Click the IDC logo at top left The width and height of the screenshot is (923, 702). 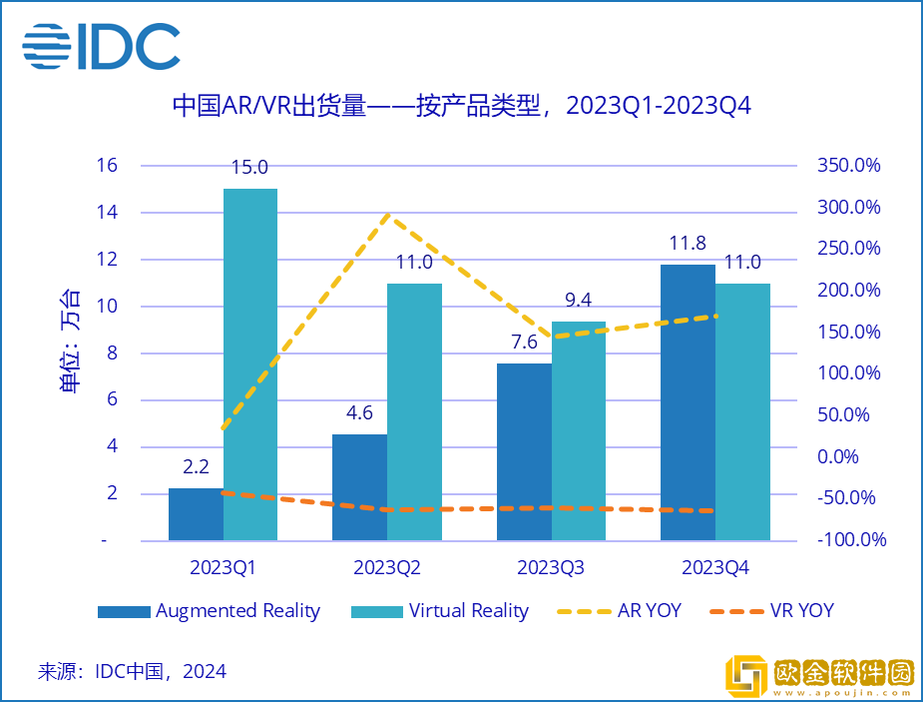tap(101, 46)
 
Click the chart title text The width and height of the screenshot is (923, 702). tap(461, 105)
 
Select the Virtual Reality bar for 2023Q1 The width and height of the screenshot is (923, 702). tap(250, 364)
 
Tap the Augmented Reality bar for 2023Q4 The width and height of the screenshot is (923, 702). tap(688, 402)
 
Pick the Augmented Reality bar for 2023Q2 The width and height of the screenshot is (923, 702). tap(359, 487)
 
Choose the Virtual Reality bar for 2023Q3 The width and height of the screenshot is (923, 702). tap(579, 430)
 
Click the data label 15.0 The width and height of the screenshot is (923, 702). tap(249, 169)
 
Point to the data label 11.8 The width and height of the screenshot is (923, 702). tap(687, 244)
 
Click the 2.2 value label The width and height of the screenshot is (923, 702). tap(196, 467)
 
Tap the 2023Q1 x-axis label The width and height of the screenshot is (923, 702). tap(224, 568)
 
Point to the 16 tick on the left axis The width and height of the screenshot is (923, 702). tap(106, 166)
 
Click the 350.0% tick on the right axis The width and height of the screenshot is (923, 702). tap(848, 166)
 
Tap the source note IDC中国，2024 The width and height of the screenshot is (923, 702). tap(132, 671)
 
